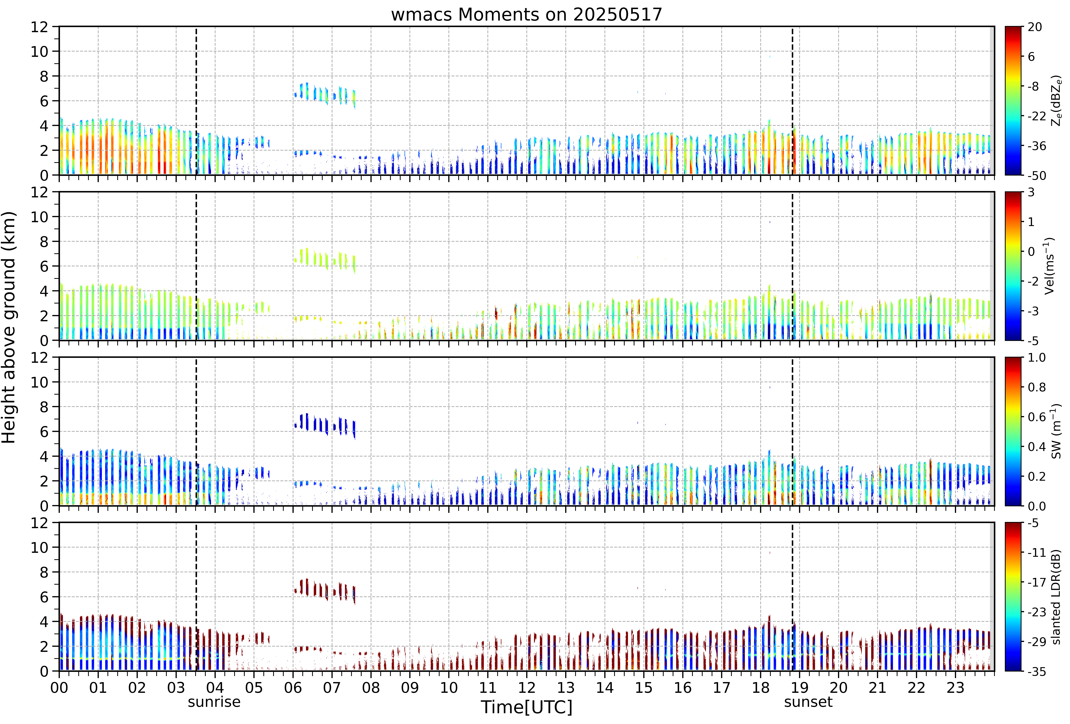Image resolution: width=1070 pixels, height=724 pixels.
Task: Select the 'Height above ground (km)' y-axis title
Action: point(9,327)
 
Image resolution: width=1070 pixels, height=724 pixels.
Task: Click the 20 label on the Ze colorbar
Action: point(1035,27)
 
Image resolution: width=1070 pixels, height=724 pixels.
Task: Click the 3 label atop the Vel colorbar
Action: point(1031,192)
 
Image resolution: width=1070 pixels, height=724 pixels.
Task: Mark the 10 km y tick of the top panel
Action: point(40,52)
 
